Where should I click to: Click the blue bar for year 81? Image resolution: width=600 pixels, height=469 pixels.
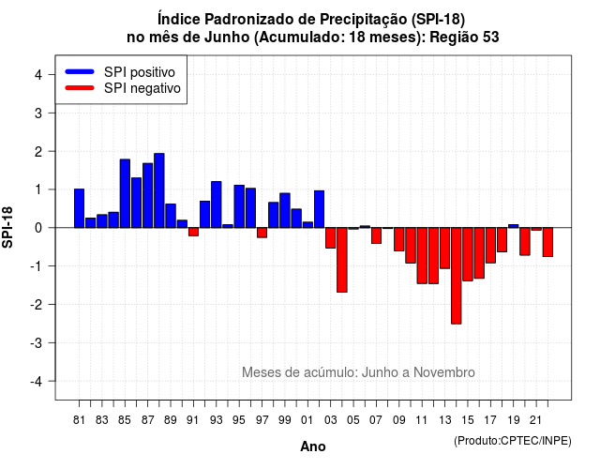79,208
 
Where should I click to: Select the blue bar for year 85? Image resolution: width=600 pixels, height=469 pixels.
125,193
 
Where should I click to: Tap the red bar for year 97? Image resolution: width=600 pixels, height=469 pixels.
262,233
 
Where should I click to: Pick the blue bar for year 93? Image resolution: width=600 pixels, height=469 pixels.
217,204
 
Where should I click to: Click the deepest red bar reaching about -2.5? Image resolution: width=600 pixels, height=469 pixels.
457,276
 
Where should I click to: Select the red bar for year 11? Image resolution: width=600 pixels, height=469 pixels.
422,256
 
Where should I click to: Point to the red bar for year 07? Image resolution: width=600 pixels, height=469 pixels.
376,235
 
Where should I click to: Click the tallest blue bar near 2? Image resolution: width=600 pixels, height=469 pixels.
159,190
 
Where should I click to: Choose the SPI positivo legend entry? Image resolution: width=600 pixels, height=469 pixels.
120,72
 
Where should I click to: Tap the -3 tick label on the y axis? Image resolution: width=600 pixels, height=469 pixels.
37,342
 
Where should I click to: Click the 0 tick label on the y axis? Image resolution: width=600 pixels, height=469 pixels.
38,228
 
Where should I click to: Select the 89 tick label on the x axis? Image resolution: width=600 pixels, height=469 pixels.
171,420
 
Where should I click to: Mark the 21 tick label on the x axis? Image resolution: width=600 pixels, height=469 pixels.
535,420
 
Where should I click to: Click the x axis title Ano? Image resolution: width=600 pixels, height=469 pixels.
313,446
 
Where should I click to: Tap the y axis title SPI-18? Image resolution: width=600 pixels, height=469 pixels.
7,227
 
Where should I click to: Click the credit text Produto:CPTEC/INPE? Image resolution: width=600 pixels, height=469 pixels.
513,441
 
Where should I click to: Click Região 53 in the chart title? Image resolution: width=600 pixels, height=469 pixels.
465,38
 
